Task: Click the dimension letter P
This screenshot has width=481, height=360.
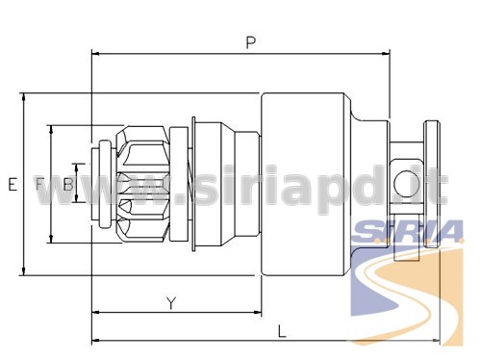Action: (251, 42)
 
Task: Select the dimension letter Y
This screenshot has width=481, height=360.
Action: (171, 303)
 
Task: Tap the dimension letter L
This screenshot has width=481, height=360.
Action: (282, 331)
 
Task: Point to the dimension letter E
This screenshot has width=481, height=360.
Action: (13, 185)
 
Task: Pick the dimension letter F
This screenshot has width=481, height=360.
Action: (39, 184)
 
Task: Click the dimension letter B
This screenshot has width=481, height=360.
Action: (68, 185)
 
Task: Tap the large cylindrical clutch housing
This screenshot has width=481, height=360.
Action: (303, 184)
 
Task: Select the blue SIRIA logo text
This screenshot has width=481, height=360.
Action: (407, 232)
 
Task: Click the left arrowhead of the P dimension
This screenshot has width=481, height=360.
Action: (95, 54)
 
